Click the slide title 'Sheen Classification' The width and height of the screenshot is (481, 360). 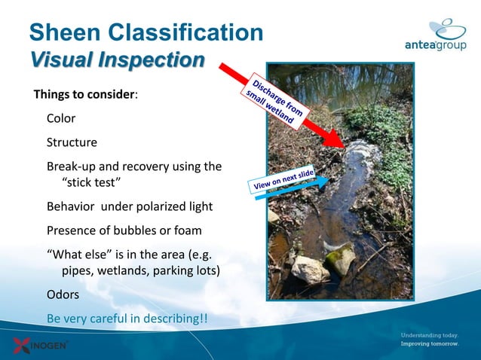click(x=146, y=32)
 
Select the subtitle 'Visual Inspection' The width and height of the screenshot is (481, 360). click(x=117, y=59)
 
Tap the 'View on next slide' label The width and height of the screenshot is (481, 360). click(x=283, y=176)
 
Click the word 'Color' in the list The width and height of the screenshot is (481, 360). click(x=61, y=118)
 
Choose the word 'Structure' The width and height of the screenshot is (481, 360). click(x=72, y=142)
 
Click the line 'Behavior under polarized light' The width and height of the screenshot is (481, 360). click(x=130, y=206)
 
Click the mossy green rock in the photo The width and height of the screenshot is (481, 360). click(x=342, y=258)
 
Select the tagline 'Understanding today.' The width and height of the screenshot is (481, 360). click(x=428, y=335)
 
